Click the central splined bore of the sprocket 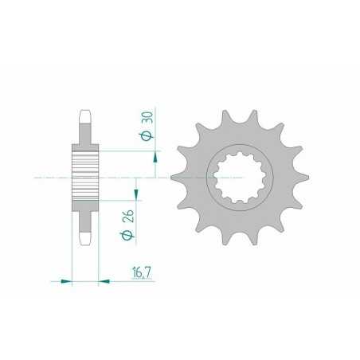(x=234, y=176)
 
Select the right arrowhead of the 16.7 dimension (x=103, y=280)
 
